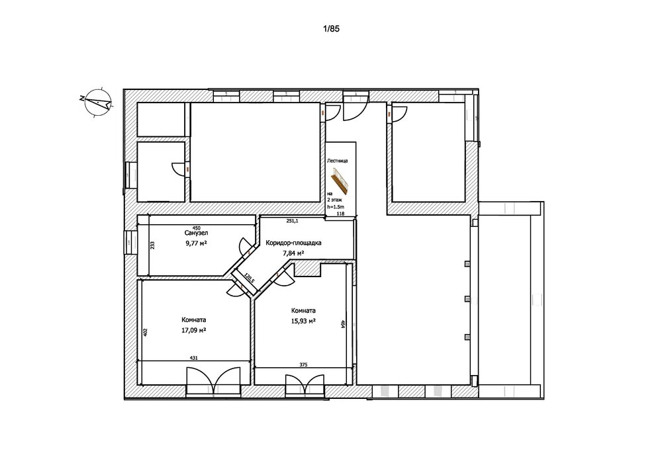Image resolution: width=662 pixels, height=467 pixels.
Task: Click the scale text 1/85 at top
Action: pos(330,29)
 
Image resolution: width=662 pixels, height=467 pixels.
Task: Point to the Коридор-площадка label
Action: pos(293,243)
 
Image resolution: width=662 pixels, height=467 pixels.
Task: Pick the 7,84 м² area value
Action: pos(293,253)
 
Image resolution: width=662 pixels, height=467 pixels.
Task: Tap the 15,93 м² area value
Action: pos(303,321)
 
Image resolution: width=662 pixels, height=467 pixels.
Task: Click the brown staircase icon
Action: pos(339,179)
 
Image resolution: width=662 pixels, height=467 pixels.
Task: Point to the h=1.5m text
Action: pos(336,206)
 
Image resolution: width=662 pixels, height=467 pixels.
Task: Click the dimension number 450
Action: pos(196,228)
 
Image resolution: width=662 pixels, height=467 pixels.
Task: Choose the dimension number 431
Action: pos(194,357)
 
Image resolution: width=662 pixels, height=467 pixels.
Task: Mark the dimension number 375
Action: pos(303,363)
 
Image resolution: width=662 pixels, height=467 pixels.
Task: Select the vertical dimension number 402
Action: pos(146,332)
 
